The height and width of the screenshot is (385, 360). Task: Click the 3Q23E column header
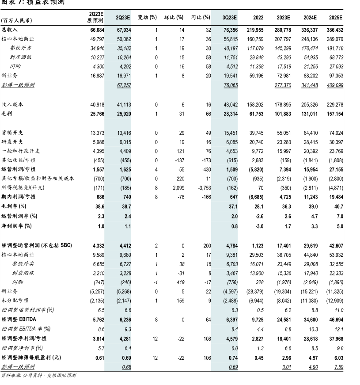pyautogui.click(x=230, y=17)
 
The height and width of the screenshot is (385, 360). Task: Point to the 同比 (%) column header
pyautogui.click(x=201, y=17)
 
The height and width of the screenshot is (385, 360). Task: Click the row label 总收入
pyautogui.click(x=10, y=30)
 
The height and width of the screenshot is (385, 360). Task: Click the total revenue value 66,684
pyautogui.click(x=97, y=30)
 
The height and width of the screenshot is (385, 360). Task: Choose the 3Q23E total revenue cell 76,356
pyautogui.click(x=230, y=30)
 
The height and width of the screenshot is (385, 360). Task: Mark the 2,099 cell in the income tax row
pyautogui.click(x=177, y=187)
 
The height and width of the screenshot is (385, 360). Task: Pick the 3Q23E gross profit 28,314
pyautogui.click(x=230, y=114)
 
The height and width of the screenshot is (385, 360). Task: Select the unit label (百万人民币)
pyautogui.click(x=17, y=21)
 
